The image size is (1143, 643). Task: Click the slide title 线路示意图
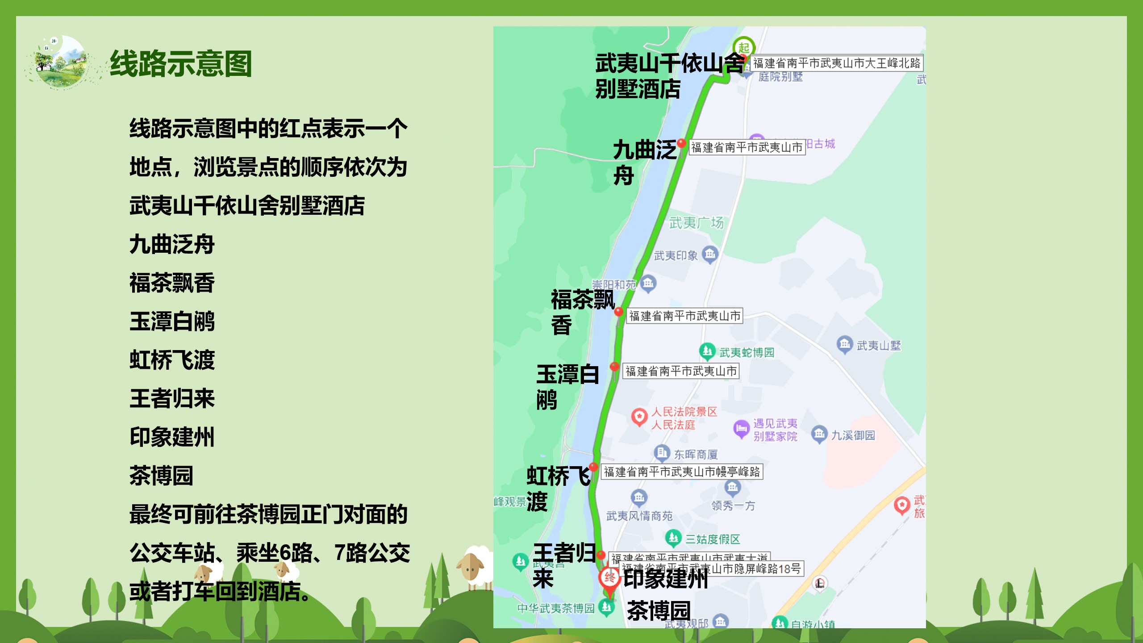181,64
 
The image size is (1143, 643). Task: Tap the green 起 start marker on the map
743,47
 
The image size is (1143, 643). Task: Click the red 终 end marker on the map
609,579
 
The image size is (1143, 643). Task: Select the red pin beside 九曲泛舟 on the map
681,143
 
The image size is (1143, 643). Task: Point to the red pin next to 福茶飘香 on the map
618,312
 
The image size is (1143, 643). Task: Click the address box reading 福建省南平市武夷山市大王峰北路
836,63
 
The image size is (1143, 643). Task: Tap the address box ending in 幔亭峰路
682,472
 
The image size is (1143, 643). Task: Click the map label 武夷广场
696,222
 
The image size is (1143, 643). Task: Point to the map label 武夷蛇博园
747,352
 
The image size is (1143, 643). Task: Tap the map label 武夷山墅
878,345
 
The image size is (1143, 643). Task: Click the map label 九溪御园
853,435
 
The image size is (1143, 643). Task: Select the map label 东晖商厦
696,455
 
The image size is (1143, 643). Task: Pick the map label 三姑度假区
713,539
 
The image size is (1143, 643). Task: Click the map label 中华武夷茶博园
556,608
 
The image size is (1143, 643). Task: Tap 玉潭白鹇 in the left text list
172,321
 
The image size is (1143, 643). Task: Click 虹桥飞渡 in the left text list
172,360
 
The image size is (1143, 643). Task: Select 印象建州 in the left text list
172,437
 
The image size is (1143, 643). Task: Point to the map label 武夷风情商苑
639,516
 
